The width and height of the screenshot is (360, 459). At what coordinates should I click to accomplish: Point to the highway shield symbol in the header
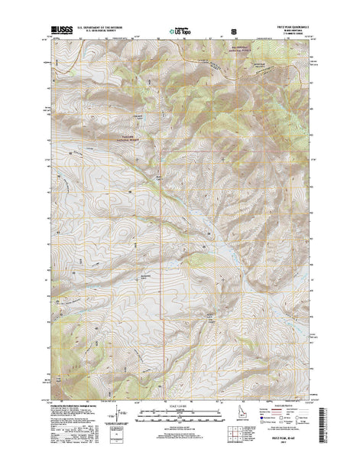[233, 32]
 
